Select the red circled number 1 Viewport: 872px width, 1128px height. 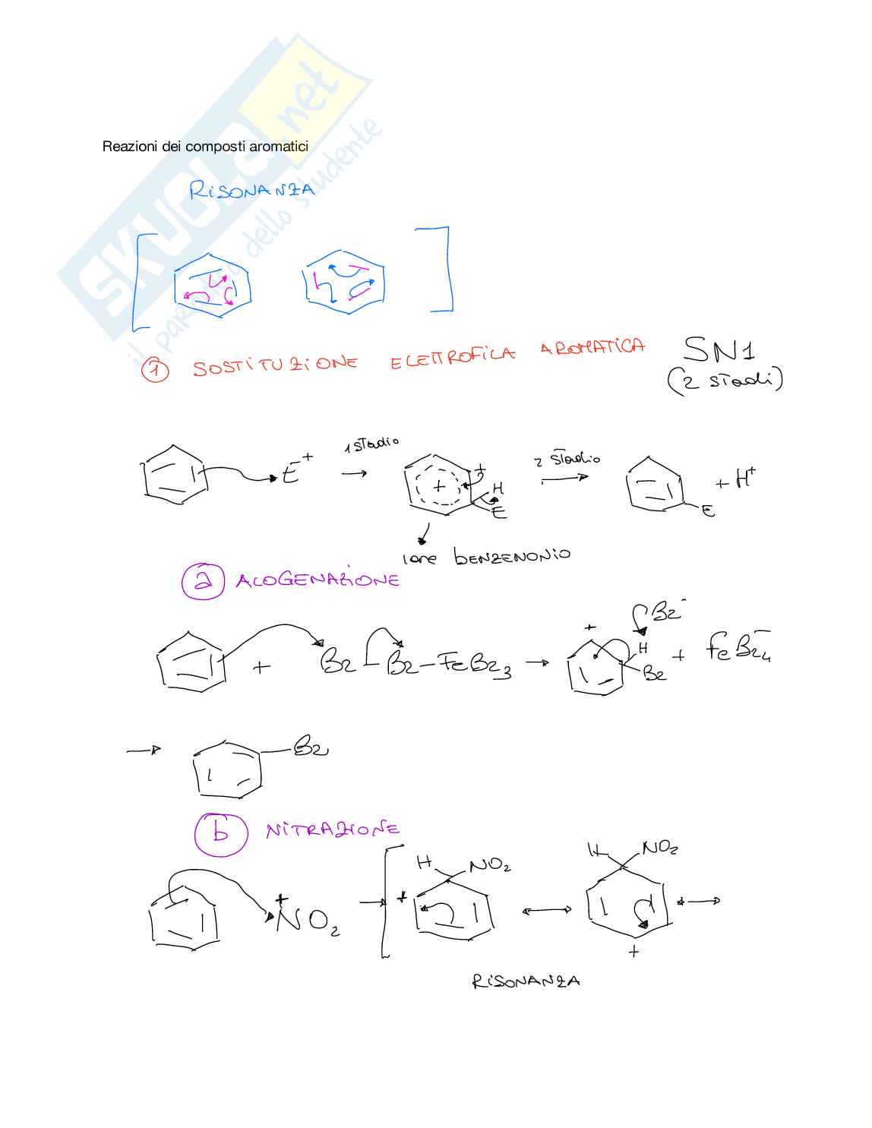click(x=155, y=371)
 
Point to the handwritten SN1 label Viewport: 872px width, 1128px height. click(x=719, y=350)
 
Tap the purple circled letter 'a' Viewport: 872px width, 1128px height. click(x=203, y=581)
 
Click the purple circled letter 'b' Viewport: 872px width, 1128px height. click(x=220, y=833)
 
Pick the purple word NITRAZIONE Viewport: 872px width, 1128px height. click(x=333, y=829)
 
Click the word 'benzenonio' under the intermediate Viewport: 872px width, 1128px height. click(x=511, y=556)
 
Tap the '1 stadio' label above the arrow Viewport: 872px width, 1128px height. click(x=371, y=443)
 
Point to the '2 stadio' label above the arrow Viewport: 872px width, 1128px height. click(x=567, y=460)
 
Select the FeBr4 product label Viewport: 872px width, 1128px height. click(x=738, y=647)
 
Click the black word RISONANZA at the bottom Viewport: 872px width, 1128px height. click(x=526, y=981)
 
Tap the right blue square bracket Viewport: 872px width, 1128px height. click(x=442, y=269)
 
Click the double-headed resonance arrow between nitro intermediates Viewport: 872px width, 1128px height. click(x=547, y=910)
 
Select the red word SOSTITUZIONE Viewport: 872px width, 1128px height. click(x=274, y=365)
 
